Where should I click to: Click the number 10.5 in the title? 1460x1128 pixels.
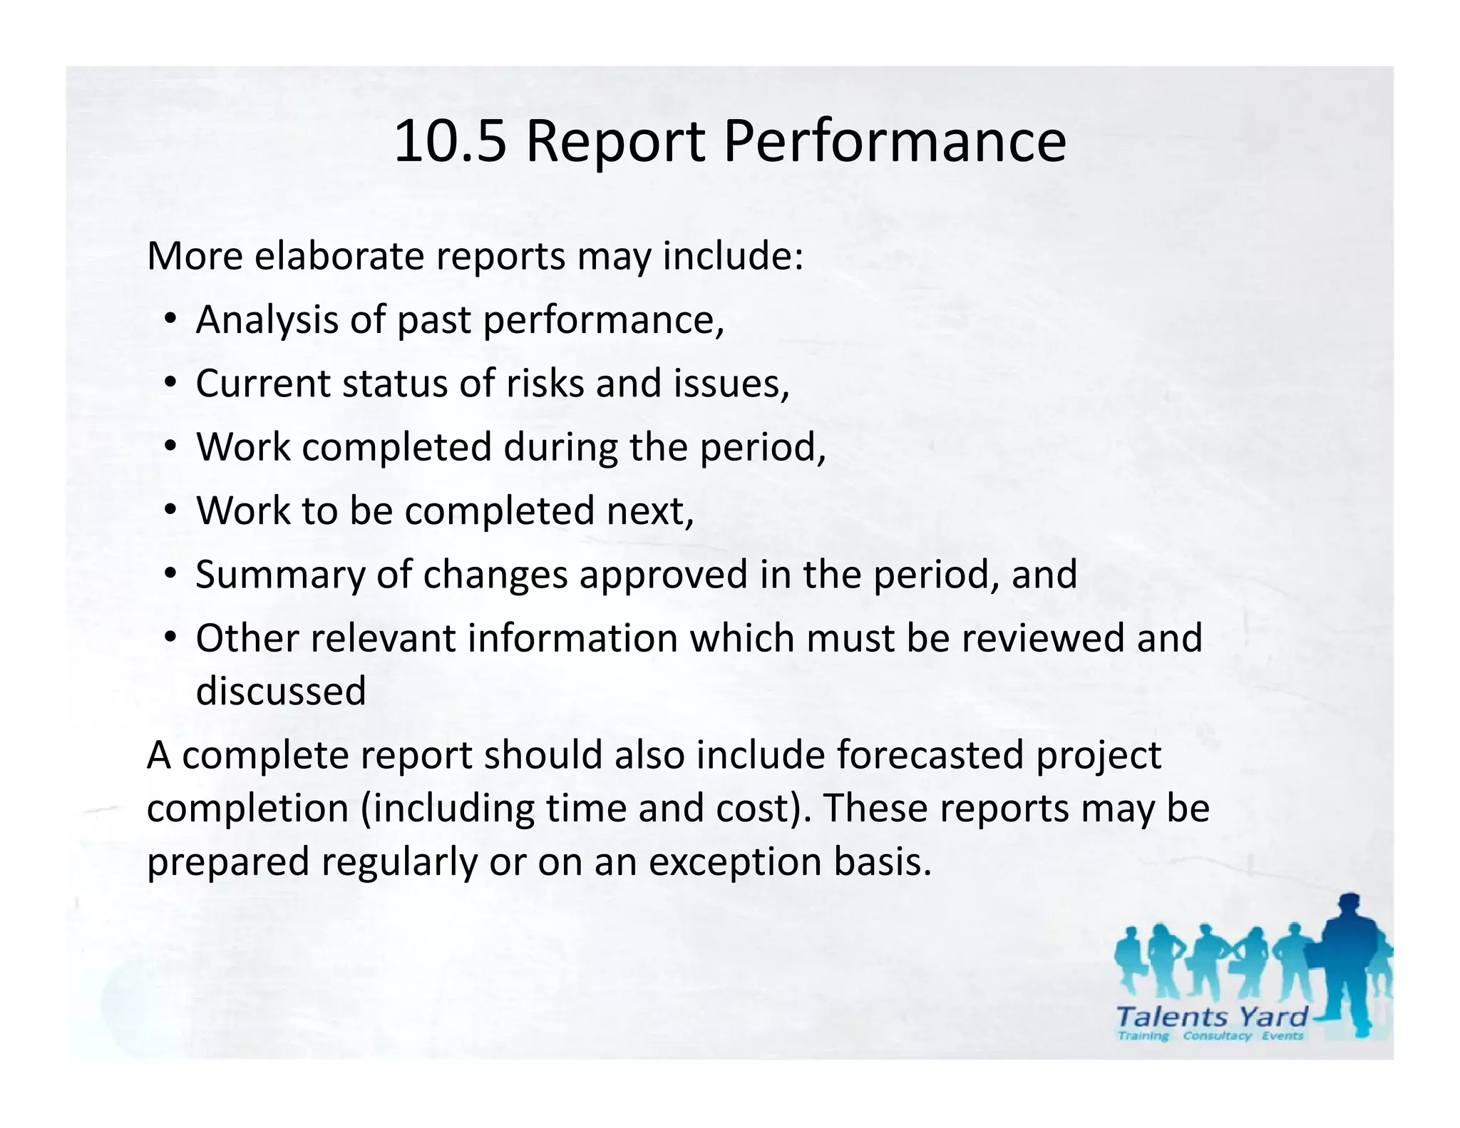point(449,141)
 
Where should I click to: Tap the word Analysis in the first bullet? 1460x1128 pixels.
point(267,319)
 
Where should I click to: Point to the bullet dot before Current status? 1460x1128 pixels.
point(170,384)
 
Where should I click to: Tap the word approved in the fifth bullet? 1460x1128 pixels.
point(663,575)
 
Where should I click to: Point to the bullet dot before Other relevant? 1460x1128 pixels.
point(170,637)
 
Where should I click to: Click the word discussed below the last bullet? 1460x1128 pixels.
point(281,691)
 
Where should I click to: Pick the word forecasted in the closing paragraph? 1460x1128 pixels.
point(930,755)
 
